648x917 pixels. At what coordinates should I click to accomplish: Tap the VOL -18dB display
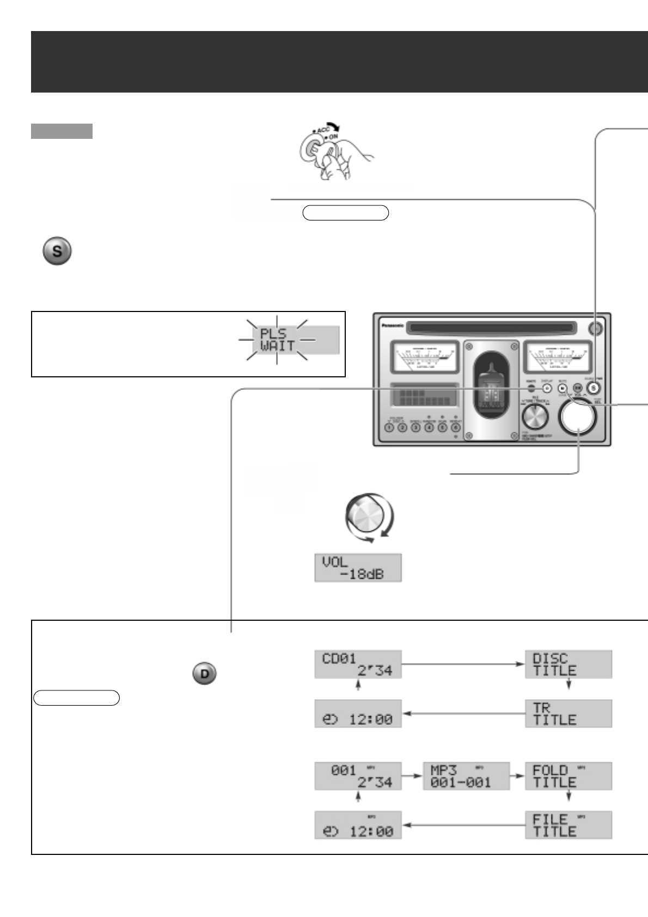(358, 568)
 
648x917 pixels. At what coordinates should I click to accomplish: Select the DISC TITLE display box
(568, 664)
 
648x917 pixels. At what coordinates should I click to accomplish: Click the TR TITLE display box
(568, 714)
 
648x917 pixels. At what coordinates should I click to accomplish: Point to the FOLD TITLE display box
(568, 777)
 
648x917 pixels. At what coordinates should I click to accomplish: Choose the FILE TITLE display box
(568, 826)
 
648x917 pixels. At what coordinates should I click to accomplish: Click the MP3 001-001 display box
(466, 777)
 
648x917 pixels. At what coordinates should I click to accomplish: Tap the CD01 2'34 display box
(358, 664)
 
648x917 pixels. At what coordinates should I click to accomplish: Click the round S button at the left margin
(57, 252)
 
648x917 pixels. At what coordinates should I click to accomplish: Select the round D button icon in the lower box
(205, 674)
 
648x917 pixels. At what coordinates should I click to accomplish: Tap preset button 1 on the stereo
(389, 427)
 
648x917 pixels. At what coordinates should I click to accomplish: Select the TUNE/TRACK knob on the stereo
(535, 418)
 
